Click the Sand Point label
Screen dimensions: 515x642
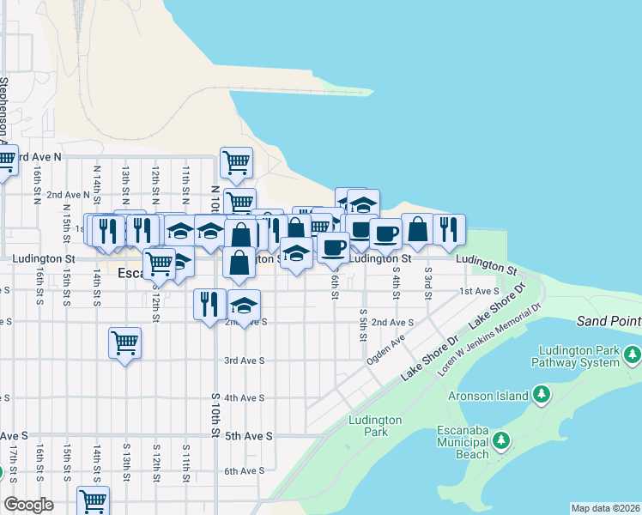point(609,321)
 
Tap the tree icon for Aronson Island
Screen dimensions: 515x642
point(541,394)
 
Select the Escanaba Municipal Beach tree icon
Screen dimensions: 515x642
point(501,441)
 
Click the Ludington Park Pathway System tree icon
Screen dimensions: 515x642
point(633,354)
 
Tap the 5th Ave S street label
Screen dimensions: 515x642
point(248,436)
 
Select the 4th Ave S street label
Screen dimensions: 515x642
point(244,398)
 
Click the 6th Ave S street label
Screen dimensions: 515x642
point(244,471)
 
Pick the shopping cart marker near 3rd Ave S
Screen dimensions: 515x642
point(125,343)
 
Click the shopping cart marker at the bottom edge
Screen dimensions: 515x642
point(93,500)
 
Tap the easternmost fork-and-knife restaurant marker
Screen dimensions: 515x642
point(449,229)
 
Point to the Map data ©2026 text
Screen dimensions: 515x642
point(605,508)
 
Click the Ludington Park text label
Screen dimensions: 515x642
point(376,426)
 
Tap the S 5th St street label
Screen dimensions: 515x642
point(364,324)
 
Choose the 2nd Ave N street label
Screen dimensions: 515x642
point(68,195)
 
